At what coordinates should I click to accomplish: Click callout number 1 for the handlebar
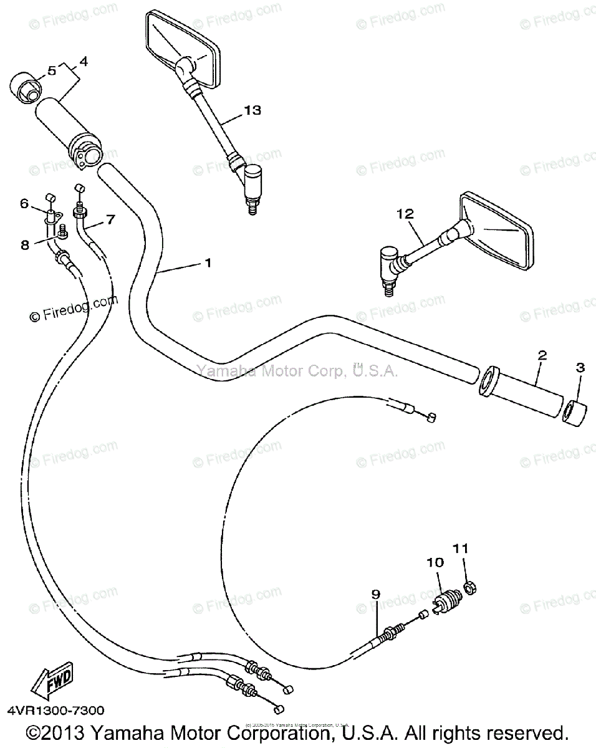(x=208, y=263)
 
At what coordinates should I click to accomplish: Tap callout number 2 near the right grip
(x=542, y=356)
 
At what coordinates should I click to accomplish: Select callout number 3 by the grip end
(x=580, y=368)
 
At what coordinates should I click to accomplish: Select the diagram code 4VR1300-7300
(x=56, y=711)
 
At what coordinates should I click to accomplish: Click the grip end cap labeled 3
(x=574, y=413)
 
